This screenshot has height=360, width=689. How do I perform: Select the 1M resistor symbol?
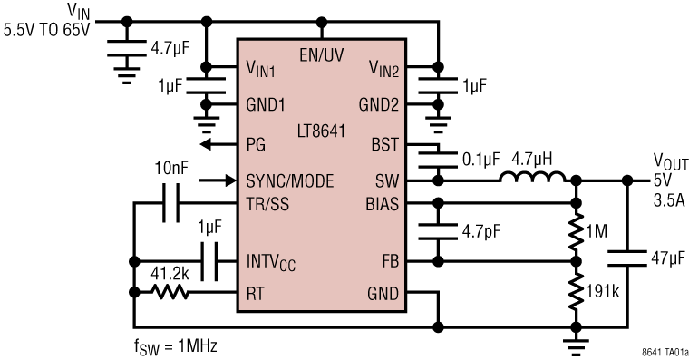[576, 233]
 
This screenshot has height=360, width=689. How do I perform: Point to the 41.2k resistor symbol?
[170, 292]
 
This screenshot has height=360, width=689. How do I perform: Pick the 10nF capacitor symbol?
[170, 205]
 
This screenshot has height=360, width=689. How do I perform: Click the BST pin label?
[385, 144]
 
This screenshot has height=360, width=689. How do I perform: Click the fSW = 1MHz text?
[175, 345]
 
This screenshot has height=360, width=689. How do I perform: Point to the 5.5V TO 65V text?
[47, 29]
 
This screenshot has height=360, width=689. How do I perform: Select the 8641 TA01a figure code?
[657, 350]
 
